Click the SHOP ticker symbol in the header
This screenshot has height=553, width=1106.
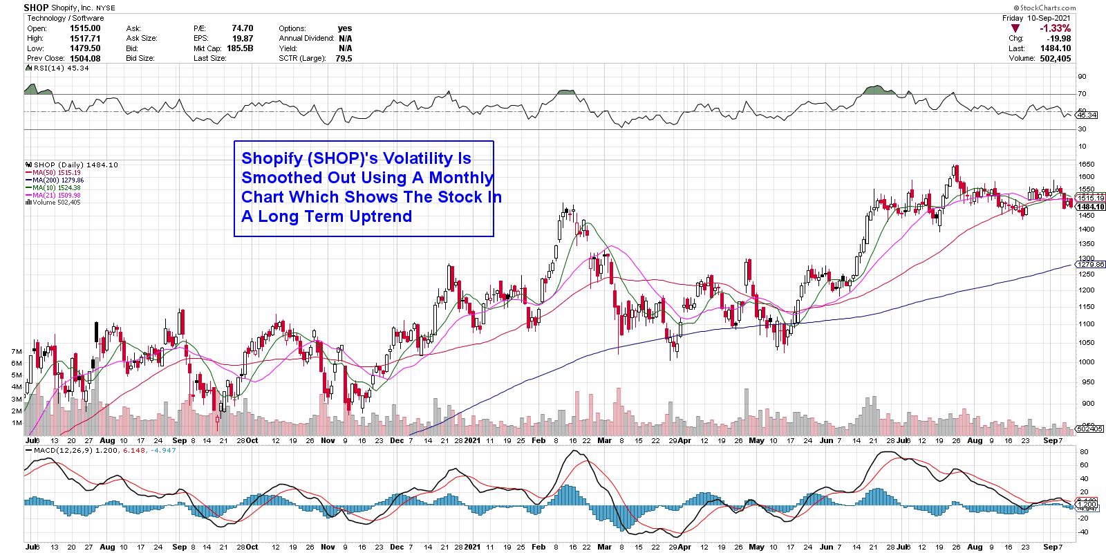tap(36, 8)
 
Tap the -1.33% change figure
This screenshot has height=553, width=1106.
tap(1058, 28)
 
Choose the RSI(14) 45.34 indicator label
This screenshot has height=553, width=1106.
tap(53, 68)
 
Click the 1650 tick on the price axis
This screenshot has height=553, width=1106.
tap(1086, 165)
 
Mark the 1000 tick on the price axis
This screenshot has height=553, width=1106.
tap(1086, 362)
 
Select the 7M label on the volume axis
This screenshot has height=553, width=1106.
tap(17, 352)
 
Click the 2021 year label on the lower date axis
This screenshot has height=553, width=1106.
tap(472, 439)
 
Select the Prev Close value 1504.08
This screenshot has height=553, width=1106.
tap(86, 59)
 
